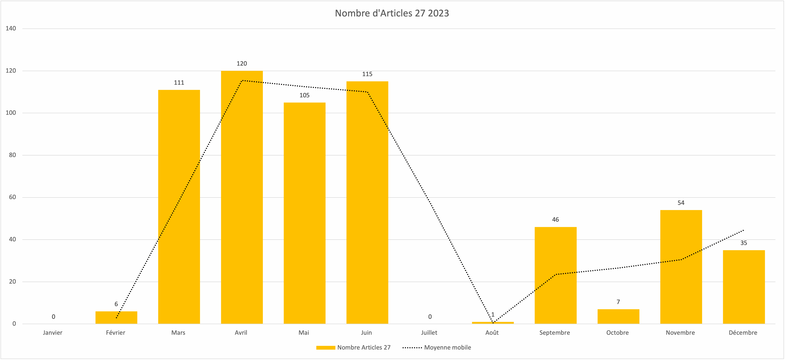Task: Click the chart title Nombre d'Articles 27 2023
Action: click(392, 13)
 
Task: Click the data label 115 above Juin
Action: click(367, 74)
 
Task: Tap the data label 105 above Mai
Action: click(304, 95)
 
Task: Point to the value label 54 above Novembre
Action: click(681, 203)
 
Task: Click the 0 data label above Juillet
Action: click(430, 317)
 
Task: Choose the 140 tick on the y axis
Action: click(11, 28)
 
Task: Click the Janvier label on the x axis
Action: click(53, 333)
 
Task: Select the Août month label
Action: click(492, 333)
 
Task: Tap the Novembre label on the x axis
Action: click(680, 333)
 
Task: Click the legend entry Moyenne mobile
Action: click(447, 348)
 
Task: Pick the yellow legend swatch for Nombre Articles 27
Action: click(325, 348)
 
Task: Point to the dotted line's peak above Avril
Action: click(242, 81)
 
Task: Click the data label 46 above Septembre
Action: click(555, 220)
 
